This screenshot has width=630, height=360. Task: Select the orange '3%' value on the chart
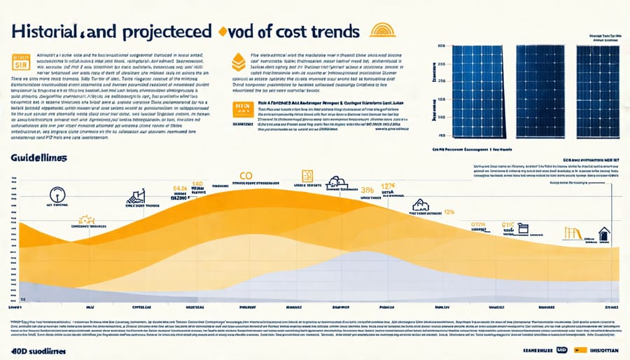coord(367,190)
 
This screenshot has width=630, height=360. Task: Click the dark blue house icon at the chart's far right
coord(603,234)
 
